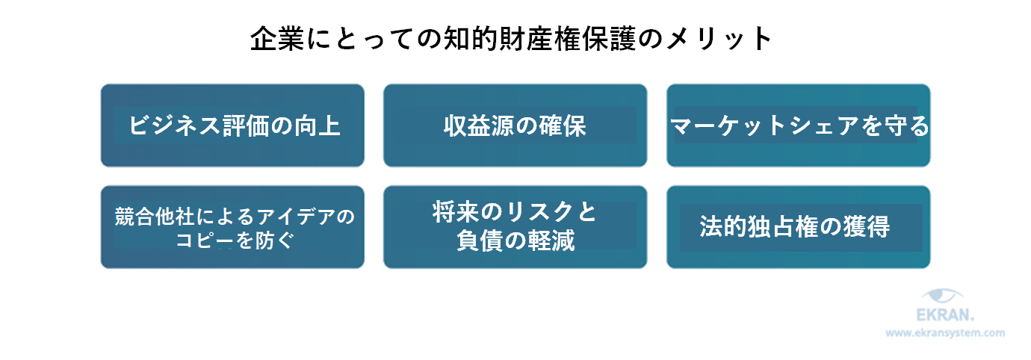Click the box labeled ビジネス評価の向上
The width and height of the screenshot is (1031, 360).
[x=232, y=125]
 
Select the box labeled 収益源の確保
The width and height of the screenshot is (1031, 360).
[x=515, y=125]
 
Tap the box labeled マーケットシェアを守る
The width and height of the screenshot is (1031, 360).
[x=798, y=125]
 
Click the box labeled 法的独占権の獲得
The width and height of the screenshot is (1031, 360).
[x=798, y=227]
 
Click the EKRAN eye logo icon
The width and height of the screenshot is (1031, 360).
[x=945, y=297]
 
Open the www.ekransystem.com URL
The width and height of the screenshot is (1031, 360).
[x=945, y=334]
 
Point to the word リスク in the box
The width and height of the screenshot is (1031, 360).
[x=534, y=214]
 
